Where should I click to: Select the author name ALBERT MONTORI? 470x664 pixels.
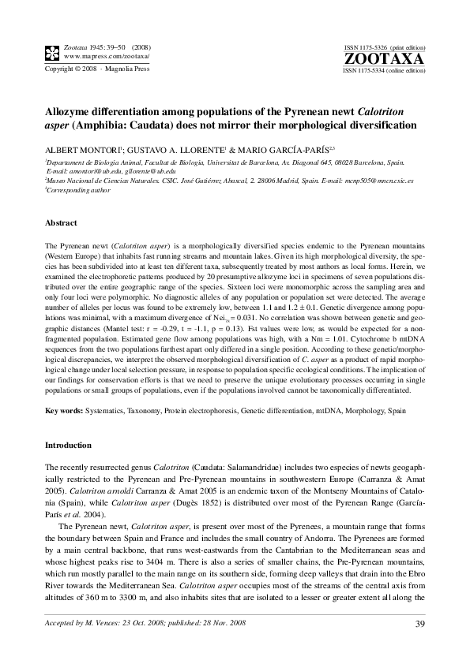(x=78, y=148)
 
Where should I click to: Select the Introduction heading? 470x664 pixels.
(x=69, y=446)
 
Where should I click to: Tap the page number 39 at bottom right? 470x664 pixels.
(x=420, y=625)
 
